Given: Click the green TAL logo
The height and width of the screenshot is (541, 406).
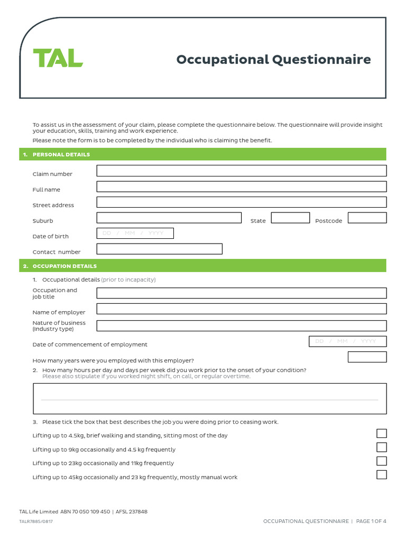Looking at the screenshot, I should [58, 58].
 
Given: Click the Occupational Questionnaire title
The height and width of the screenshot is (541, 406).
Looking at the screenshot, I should [273, 59].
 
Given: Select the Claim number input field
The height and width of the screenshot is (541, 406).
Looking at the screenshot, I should [241, 171].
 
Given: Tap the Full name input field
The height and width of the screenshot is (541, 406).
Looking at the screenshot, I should [241, 186].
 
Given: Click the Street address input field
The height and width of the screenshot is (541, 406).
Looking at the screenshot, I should [241, 202].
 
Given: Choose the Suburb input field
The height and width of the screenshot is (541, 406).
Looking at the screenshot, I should [169, 218].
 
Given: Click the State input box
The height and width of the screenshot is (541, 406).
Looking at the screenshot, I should [290, 218].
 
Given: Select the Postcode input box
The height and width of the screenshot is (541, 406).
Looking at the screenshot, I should [367, 218].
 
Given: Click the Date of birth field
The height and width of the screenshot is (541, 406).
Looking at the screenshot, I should [135, 233].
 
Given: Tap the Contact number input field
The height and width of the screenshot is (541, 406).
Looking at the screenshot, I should [159, 249].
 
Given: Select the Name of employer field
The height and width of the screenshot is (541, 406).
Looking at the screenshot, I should [241, 309].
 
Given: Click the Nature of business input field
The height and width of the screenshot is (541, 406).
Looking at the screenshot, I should [241, 325].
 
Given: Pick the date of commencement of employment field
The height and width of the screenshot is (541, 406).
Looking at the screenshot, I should [347, 341].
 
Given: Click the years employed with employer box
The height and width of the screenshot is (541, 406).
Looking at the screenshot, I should [367, 357].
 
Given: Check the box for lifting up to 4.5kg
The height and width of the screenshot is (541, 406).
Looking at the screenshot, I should [381, 434].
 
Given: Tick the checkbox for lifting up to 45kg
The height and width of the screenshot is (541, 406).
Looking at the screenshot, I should [381, 474].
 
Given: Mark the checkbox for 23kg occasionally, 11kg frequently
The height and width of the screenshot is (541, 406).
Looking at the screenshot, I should [381, 461].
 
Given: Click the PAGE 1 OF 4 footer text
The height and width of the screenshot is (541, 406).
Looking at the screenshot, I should [371, 521].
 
